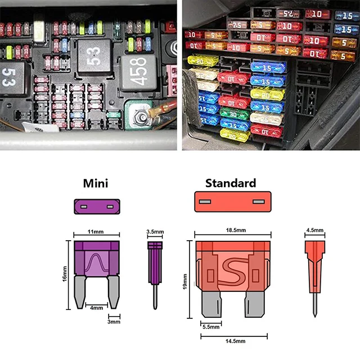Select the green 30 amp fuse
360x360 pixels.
[235, 114]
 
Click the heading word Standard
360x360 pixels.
[231, 183]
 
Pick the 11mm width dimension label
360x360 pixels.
[97, 231]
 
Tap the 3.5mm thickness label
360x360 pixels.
[155, 231]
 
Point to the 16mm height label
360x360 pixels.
[65, 276]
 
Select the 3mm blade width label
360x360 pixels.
[114, 321]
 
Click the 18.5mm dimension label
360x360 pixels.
[233, 231]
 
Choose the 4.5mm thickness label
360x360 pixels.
[314, 230]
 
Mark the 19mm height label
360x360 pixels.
[185, 280]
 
